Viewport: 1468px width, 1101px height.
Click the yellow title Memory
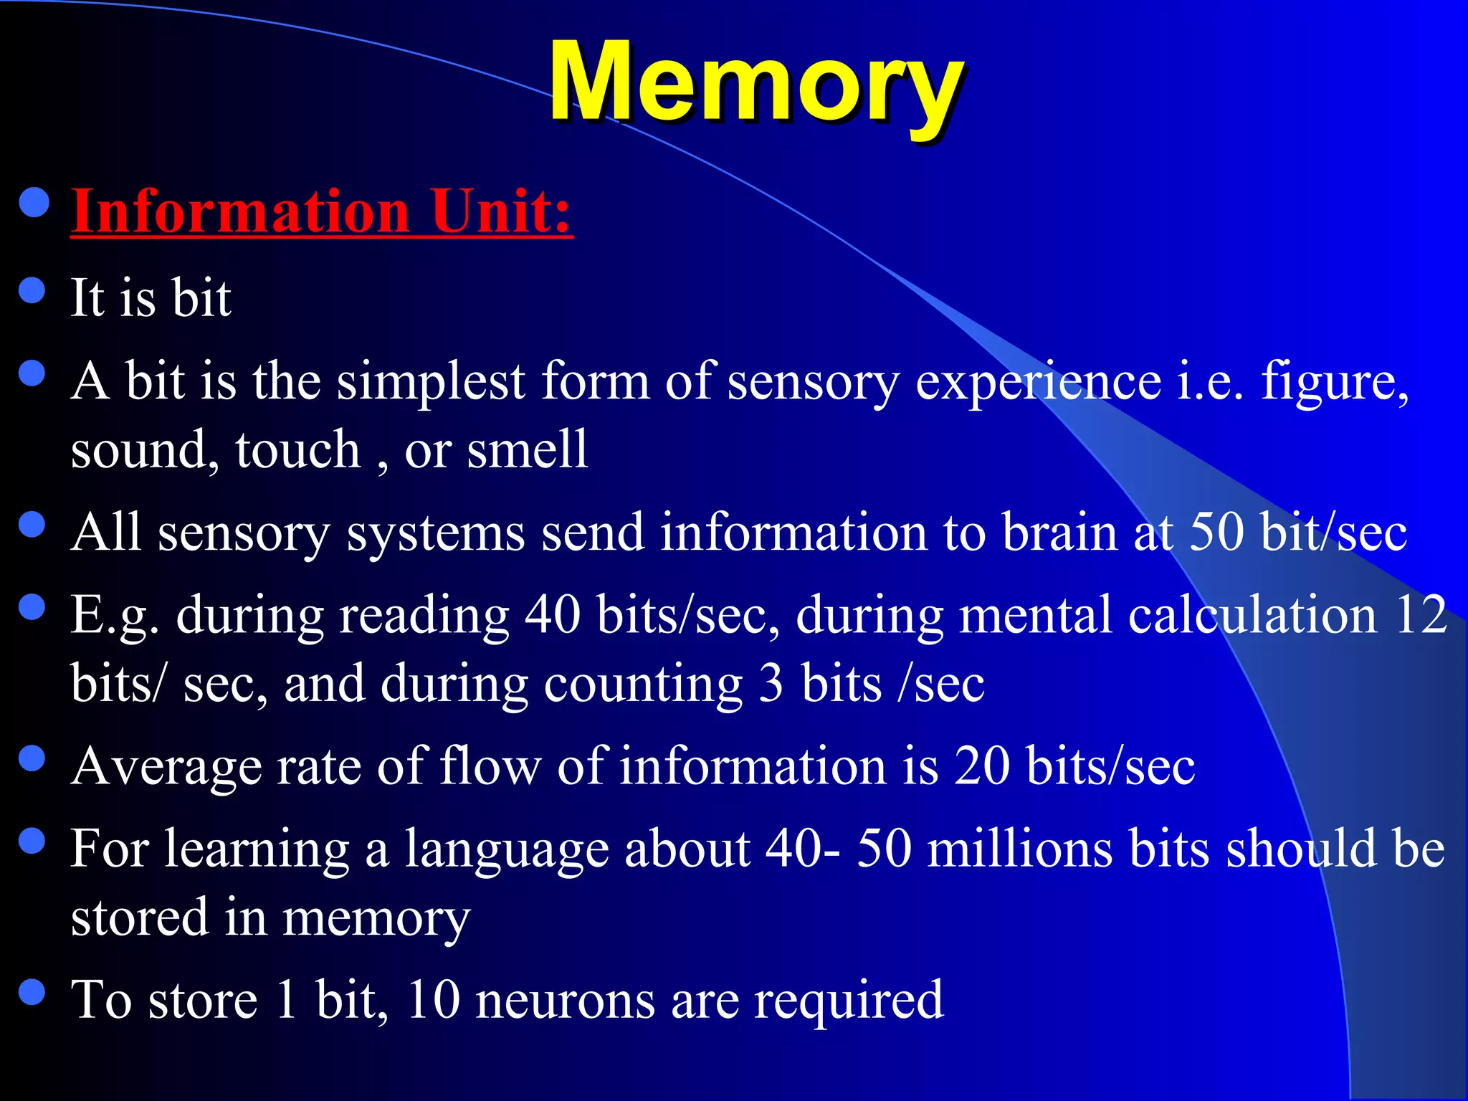(x=756, y=82)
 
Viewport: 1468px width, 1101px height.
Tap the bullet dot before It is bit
(x=32, y=291)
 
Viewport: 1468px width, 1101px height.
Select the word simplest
(x=431, y=381)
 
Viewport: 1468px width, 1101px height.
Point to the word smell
(x=527, y=450)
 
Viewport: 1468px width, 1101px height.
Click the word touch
(x=297, y=450)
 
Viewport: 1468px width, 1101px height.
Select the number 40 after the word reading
(x=552, y=615)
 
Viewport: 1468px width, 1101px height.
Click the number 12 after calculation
(x=1421, y=615)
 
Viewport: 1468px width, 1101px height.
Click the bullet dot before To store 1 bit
(x=32, y=993)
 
